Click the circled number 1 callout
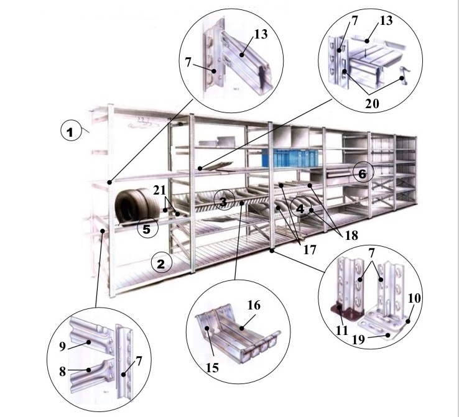pyautogui.click(x=71, y=131)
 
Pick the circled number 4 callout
pyautogui.click(x=300, y=208)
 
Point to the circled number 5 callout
pyautogui.click(x=147, y=227)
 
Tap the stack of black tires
pyautogui.click(x=137, y=205)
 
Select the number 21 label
pyautogui.click(x=160, y=191)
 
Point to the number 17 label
pyautogui.click(x=310, y=250)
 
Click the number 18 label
pyautogui.click(x=351, y=235)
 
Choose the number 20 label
pyautogui.click(x=372, y=103)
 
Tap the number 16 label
pyautogui.click(x=254, y=305)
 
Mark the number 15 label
pyautogui.click(x=212, y=367)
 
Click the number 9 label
pyautogui.click(x=62, y=347)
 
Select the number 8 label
pyautogui.click(x=62, y=372)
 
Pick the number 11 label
pyautogui.click(x=341, y=330)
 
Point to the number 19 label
pyautogui.click(x=359, y=339)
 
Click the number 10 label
pyautogui.click(x=414, y=298)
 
